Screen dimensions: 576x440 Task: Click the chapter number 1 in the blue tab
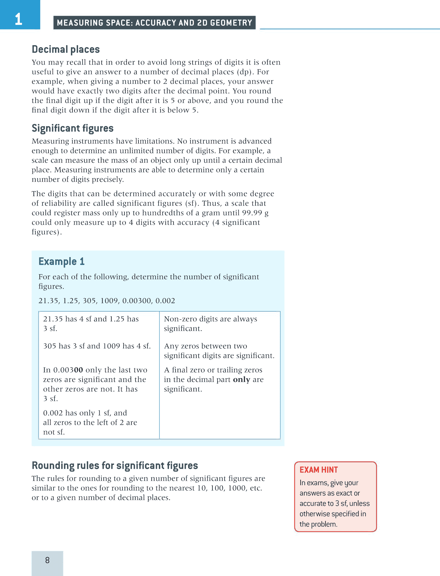(x=18, y=19)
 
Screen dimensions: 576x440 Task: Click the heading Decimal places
(x=66, y=49)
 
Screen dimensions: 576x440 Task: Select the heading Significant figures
(x=73, y=128)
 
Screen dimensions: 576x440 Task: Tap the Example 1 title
(x=61, y=261)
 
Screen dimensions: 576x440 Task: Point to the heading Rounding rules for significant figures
(x=115, y=465)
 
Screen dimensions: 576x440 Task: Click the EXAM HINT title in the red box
(x=318, y=470)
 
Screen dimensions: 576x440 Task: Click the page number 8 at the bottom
(x=47, y=560)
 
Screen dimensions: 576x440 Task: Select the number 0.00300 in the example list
(x=137, y=301)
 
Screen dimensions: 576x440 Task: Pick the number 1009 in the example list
(x=109, y=301)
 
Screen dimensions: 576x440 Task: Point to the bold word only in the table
(x=242, y=379)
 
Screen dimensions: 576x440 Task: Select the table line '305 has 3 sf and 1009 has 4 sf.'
(x=97, y=346)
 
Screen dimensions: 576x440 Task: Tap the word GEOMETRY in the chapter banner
(x=231, y=23)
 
